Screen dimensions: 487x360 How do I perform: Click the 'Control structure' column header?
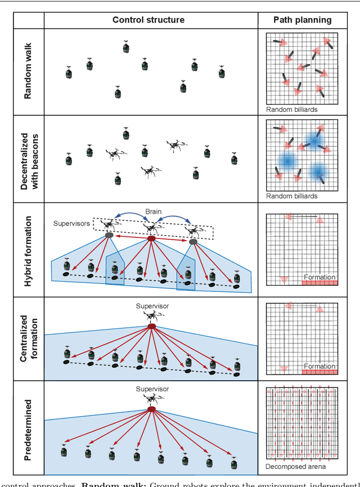point(148,20)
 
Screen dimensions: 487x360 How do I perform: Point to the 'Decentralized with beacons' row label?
point(28,159)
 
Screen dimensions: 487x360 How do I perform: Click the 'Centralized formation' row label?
point(28,336)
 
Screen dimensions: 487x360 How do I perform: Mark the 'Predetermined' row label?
point(28,427)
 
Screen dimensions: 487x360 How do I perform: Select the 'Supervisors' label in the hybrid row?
point(71,223)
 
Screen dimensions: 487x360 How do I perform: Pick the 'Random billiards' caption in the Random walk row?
point(292,110)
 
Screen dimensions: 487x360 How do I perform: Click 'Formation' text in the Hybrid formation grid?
point(319,277)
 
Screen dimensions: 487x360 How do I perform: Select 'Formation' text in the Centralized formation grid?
point(319,366)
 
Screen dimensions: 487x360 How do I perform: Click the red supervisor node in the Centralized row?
point(151,327)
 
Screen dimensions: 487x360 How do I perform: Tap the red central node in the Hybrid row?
point(151,239)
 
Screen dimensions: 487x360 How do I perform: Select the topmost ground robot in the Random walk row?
point(127,47)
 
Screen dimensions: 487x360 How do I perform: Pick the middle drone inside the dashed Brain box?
point(150,228)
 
